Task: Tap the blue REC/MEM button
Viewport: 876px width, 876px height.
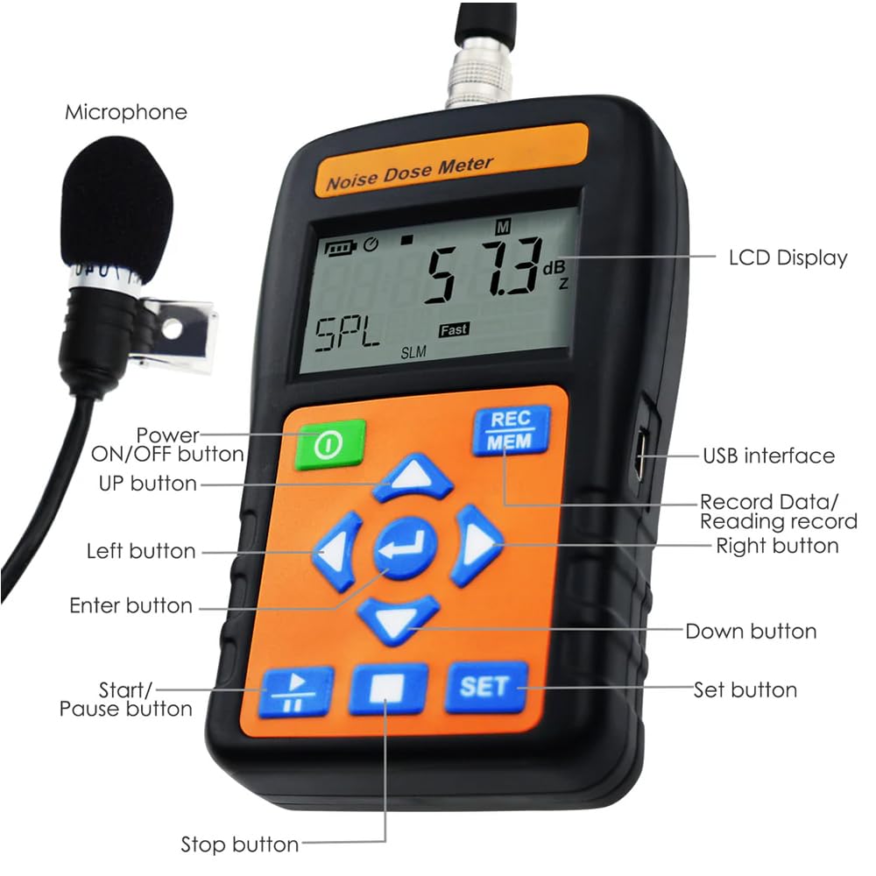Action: pos(511,430)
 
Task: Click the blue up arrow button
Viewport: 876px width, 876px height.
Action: pos(413,478)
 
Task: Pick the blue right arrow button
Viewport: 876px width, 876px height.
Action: pos(478,545)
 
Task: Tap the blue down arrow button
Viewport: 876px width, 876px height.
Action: pos(398,619)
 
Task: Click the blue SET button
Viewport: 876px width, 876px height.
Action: pos(486,687)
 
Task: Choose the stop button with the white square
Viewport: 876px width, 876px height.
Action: pos(388,689)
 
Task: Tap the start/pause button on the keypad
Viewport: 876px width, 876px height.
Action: pos(296,693)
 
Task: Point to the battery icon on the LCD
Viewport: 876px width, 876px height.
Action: pos(341,248)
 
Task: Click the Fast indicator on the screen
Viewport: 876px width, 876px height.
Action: pos(454,329)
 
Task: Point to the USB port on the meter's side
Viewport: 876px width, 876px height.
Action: pos(641,456)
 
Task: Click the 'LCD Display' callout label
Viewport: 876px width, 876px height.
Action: pos(788,258)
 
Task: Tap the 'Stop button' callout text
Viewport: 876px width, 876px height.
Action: pos(240,844)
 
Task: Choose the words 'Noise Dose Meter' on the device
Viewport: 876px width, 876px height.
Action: pos(409,173)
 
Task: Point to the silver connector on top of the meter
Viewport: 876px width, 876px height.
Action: pos(479,72)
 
